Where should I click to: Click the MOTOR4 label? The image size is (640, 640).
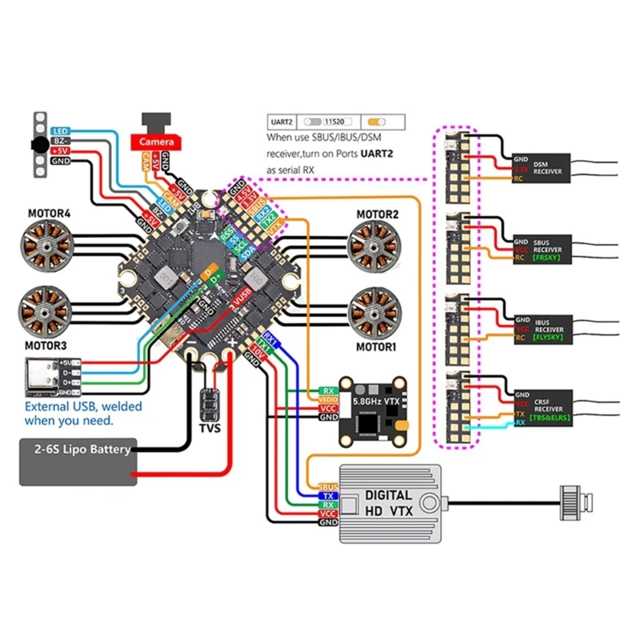click(x=50, y=214)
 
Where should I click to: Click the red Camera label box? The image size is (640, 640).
click(x=157, y=142)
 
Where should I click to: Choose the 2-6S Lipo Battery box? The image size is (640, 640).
click(x=77, y=462)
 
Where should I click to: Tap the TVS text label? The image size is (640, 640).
click(x=210, y=428)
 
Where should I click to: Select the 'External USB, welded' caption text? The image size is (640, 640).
click(x=83, y=406)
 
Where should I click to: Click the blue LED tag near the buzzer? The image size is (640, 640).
click(x=60, y=130)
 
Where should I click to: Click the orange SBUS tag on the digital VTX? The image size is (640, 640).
click(x=328, y=486)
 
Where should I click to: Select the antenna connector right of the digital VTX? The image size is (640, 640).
click(x=575, y=502)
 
